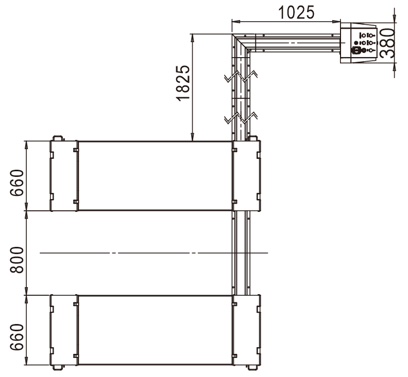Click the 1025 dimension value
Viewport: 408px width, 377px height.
tap(296, 13)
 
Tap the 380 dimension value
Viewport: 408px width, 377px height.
tap(387, 43)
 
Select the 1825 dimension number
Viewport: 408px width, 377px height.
tap(183, 83)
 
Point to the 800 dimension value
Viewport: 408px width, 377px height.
tap(16, 260)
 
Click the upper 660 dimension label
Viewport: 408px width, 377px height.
tap(16, 183)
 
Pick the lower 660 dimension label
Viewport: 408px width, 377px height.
tap(16, 337)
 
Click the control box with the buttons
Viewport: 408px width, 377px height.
tap(359, 43)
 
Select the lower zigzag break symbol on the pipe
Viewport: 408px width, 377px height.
tap(241, 118)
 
